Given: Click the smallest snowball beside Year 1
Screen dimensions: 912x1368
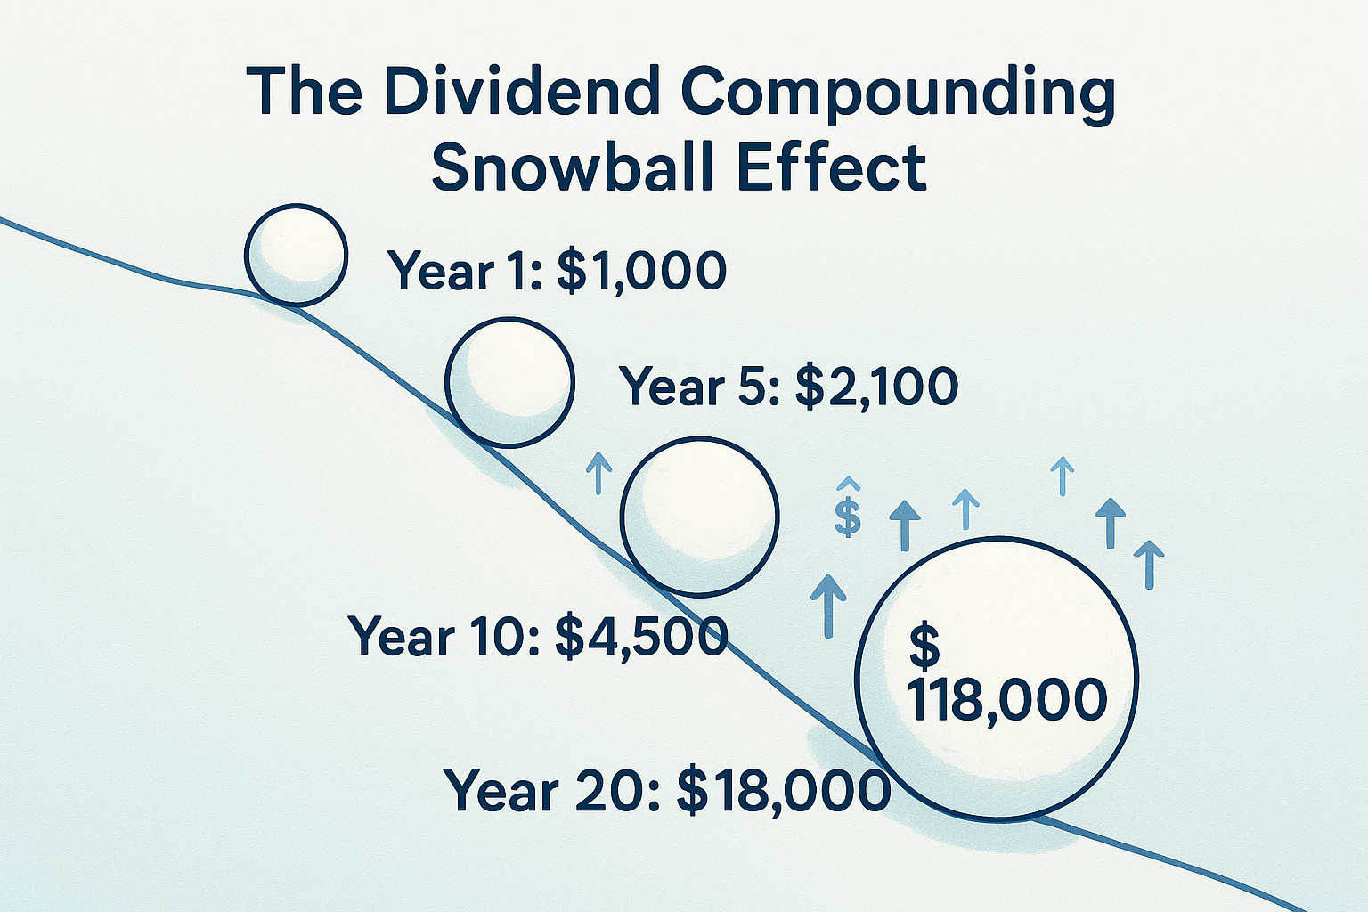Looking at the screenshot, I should coord(296,254).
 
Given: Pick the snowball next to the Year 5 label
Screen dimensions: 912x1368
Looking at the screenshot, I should coord(509,381).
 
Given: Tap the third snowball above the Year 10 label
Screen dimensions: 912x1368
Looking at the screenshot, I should coord(700,516).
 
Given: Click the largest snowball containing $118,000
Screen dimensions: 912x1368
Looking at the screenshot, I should coord(996,677).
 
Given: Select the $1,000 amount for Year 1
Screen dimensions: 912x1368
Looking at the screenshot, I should coord(641,271).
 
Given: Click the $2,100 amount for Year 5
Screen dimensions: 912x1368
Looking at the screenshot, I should coord(876,387).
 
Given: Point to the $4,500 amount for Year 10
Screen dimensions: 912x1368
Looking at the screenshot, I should coord(641,636).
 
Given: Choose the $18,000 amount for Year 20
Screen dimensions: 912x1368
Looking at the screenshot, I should coord(784,790).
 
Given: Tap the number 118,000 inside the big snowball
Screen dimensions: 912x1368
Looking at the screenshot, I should coord(1006,700).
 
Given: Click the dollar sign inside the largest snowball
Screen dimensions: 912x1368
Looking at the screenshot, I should coord(924,646).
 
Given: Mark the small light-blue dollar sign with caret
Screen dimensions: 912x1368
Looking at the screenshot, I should coord(849,513).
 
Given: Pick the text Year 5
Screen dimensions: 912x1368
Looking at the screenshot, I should coord(700,387).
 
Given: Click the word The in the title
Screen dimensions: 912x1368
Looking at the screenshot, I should coord(303,92).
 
